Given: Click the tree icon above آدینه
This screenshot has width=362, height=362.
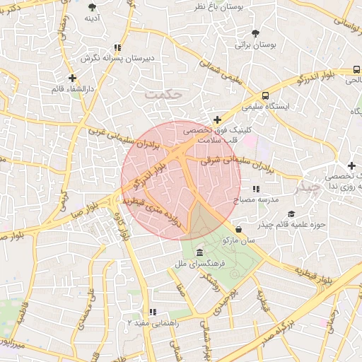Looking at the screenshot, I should click(92, 8).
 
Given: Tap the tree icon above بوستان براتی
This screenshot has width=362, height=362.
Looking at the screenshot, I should click(255, 33).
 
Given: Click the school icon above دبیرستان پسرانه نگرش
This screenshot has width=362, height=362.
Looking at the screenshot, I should click(117, 48).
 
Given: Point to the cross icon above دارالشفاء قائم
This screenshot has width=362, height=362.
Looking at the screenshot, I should click(72, 78).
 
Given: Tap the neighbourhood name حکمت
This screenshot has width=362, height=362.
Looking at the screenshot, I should click(163, 93).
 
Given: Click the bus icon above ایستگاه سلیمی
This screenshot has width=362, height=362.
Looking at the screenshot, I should click(265, 95).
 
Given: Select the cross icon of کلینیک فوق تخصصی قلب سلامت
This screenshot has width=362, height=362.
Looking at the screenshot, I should click(217, 119).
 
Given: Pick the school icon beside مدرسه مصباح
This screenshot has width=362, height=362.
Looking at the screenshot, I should click(255, 189).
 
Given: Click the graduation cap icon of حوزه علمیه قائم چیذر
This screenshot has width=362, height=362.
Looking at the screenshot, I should click(291, 214).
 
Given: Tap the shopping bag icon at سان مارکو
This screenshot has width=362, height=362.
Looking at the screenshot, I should click(239, 230).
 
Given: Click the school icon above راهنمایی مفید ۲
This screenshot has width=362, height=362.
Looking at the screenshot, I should click(151, 312).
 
